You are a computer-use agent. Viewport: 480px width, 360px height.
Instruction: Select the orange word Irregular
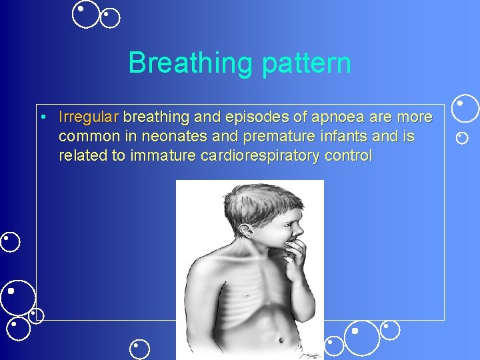point(88,117)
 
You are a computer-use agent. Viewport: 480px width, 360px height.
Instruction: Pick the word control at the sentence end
point(347,156)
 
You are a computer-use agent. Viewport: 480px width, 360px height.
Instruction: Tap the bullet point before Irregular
point(42,118)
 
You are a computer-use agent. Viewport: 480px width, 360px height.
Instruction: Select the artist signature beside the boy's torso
point(310,346)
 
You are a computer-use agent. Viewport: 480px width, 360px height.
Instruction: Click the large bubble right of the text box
point(465,109)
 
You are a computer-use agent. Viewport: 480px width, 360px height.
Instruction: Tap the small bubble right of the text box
point(462,138)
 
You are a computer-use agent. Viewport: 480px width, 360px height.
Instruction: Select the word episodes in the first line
point(258,117)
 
